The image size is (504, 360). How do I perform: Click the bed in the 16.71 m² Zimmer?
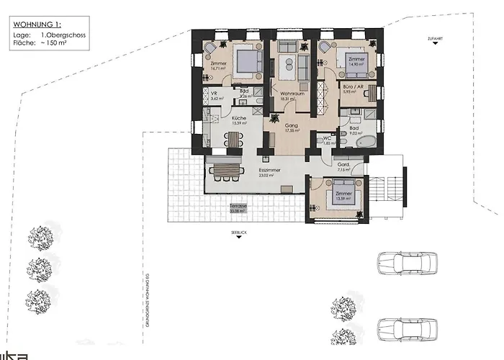click(x=245, y=60)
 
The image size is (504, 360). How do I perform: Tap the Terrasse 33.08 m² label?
click(x=238, y=208)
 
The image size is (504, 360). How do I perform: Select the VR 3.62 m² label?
click(x=214, y=95)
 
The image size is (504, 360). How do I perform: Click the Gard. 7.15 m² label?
click(x=343, y=168)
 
